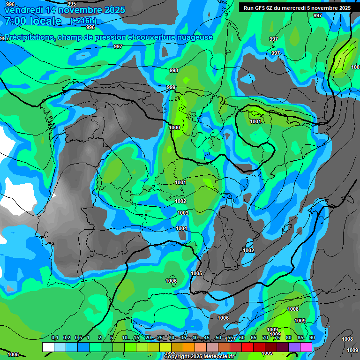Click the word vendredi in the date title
coord(23,10)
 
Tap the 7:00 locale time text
coord(33,21)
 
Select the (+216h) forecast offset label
coord(83,21)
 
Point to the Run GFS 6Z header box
coord(297,8)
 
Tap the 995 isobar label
coord(72,4)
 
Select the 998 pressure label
coord(174,70)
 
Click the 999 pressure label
coord(171,88)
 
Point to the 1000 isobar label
coord(174,127)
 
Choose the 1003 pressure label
coord(183,213)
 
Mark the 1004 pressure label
coord(181,228)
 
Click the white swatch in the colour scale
coord(48,347)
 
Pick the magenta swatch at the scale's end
coord(306,347)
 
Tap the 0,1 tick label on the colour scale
coord(55,338)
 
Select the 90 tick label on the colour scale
coord(312,338)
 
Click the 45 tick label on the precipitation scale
coord(207,338)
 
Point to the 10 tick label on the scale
coord(125,338)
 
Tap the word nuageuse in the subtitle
coord(194,37)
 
